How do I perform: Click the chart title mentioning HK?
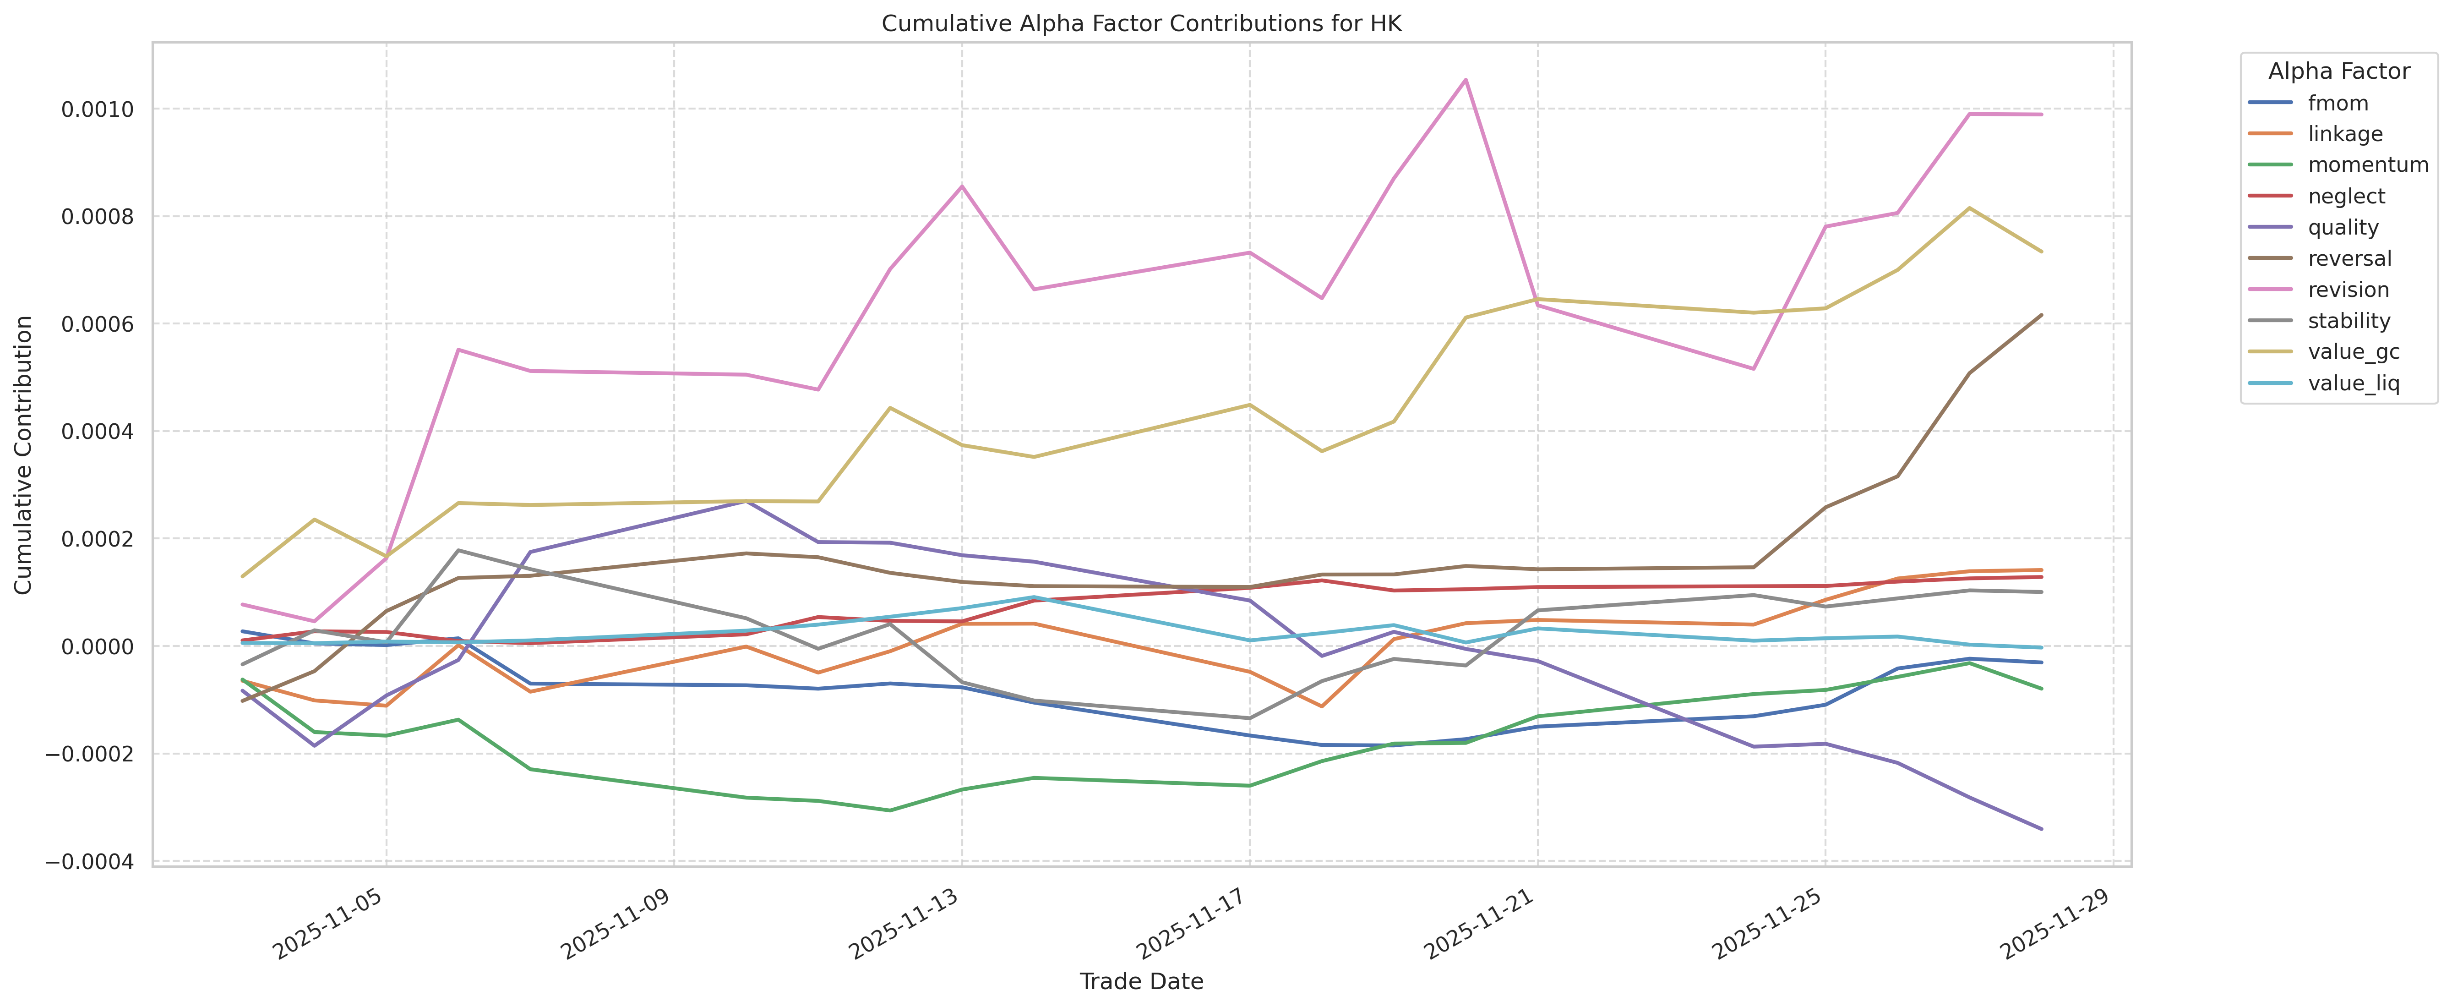tap(1141, 24)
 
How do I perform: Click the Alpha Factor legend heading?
tap(2339, 71)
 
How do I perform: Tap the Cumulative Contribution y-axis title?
tap(24, 455)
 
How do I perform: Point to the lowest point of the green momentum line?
tap(889, 810)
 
